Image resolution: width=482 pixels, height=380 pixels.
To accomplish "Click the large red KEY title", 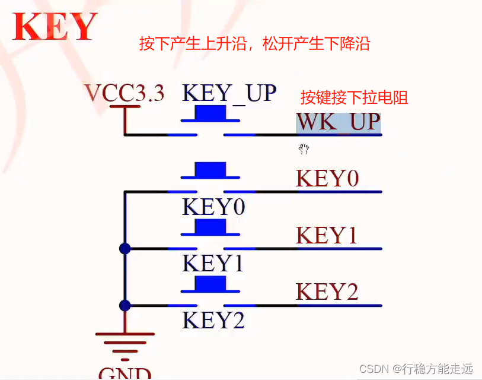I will click(55, 27).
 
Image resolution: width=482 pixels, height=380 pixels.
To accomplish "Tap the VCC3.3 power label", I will click(125, 93).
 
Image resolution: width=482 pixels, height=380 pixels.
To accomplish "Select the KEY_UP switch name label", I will click(229, 93).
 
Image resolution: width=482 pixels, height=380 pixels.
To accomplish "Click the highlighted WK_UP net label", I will click(339, 122).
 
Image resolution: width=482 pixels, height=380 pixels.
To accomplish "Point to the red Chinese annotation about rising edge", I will click(254, 43).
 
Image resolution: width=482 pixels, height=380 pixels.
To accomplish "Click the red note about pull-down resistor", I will click(354, 97).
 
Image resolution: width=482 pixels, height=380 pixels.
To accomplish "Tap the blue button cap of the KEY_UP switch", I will click(210, 112).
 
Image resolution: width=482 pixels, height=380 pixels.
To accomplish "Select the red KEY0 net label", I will click(327, 179).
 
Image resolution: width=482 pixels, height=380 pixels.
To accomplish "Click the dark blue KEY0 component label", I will click(213, 207).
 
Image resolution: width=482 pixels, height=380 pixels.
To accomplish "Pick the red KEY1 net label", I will click(327, 236).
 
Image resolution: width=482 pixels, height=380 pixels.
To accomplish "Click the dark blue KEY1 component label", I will click(213, 264).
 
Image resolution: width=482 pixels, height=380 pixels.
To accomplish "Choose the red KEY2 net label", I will click(327, 292).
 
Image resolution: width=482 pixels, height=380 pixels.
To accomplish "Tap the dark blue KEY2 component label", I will click(213, 321).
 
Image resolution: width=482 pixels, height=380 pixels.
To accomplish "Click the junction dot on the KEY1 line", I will click(125, 249).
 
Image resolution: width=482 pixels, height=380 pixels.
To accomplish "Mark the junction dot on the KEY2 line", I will click(125, 305).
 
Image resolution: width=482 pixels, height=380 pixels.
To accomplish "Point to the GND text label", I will click(125, 373).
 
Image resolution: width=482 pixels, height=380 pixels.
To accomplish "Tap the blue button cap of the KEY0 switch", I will click(210, 169).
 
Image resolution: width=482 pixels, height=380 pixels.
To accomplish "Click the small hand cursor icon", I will click(304, 148).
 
